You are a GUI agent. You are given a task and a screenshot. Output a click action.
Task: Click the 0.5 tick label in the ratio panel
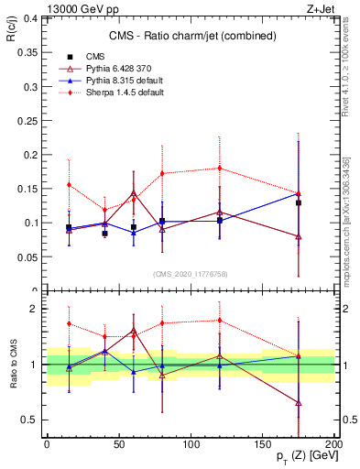[x=29, y=420]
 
